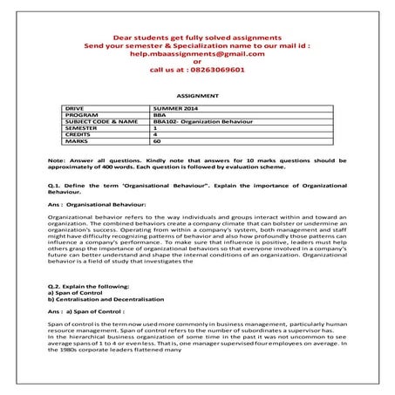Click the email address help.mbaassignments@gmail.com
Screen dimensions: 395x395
197,52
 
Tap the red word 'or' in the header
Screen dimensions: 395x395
197,60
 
